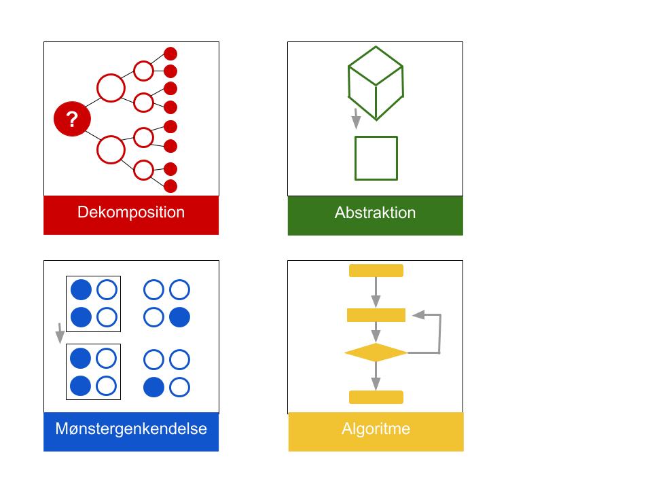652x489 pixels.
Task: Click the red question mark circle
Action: [71, 120]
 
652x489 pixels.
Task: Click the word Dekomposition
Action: [131, 212]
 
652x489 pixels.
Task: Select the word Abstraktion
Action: [375, 213]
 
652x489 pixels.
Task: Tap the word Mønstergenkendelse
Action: [131, 429]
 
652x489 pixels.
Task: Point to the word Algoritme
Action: [376, 429]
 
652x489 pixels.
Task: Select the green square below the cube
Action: [376, 158]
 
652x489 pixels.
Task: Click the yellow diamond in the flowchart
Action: [376, 353]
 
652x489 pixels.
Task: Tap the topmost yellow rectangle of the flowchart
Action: [376, 271]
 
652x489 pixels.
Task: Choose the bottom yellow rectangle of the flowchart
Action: [376, 397]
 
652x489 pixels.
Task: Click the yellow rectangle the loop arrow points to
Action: [376, 315]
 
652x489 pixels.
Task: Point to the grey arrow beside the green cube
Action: [355, 119]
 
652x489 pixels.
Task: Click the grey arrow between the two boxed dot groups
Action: [60, 333]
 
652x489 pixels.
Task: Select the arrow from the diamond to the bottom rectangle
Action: [376, 376]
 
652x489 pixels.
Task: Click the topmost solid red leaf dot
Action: [170, 54]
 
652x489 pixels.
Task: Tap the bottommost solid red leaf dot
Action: [170, 186]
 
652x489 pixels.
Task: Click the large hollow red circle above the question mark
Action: [111, 88]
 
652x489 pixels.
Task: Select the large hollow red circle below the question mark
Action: [111, 149]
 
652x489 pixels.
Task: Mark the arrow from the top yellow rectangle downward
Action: [376, 292]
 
